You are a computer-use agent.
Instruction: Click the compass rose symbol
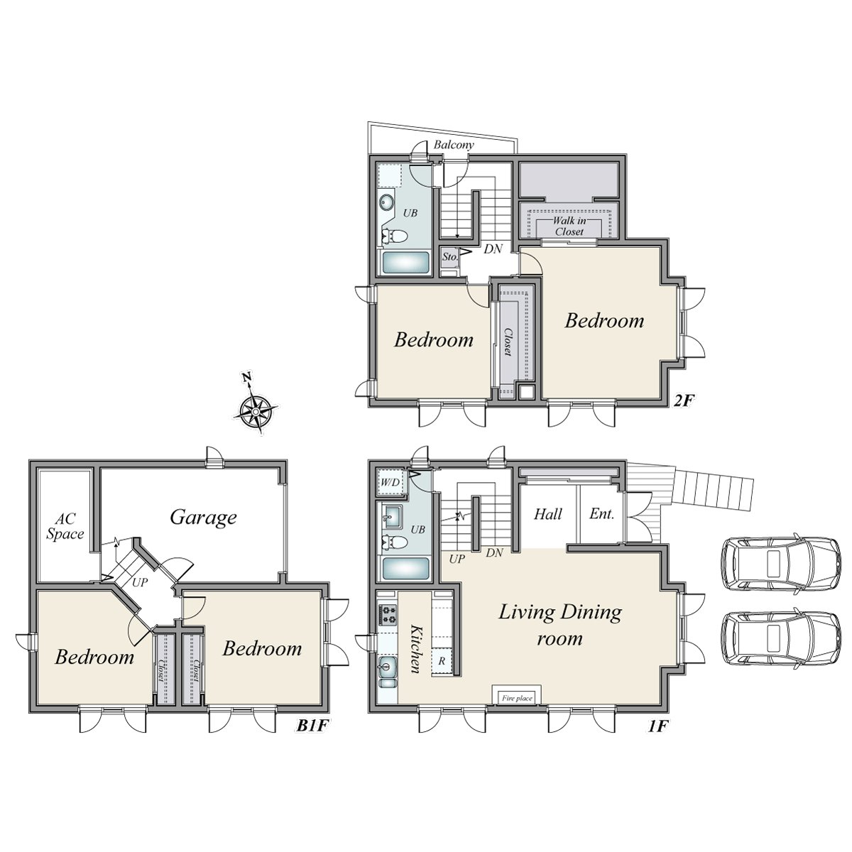pos(254,410)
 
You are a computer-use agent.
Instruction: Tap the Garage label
pos(203,517)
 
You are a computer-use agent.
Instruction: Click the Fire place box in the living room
pos(517,698)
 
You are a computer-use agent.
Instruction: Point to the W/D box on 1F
pos(389,482)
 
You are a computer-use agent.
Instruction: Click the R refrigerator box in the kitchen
pos(442,660)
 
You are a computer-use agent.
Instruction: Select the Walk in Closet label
pos(569,226)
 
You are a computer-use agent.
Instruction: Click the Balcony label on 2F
pos(454,144)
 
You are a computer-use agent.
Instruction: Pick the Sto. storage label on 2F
pos(449,256)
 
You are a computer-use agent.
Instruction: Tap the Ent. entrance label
pos(601,514)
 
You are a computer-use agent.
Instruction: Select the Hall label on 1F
pos(548,514)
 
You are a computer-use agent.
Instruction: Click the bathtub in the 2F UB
pos(405,263)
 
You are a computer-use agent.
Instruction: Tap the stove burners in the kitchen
pos(388,614)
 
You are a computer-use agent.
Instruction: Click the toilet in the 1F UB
pos(395,543)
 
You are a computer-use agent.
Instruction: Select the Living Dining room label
pos(559,624)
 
